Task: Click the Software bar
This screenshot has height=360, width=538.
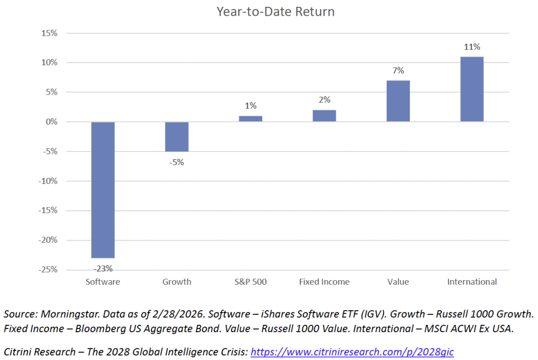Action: pyautogui.click(x=103, y=189)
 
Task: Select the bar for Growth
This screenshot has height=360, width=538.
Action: pyautogui.click(x=177, y=137)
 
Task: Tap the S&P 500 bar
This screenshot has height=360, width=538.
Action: pyautogui.click(x=251, y=119)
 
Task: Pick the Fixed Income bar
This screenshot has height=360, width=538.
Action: pyautogui.click(x=324, y=116)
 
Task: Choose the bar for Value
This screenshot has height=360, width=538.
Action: pyautogui.click(x=398, y=101)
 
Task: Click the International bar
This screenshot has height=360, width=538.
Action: pyautogui.click(x=472, y=89)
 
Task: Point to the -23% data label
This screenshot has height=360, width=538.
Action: pyautogui.click(x=103, y=268)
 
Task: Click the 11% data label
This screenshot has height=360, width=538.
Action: pyautogui.click(x=472, y=47)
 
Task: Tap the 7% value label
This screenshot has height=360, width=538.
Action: pyautogui.click(x=398, y=70)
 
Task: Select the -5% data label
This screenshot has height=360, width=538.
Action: pyautogui.click(x=177, y=162)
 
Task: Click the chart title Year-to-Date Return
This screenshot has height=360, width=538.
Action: pyautogui.click(x=268, y=11)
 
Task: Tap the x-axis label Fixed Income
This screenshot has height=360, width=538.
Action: pyautogui.click(x=324, y=282)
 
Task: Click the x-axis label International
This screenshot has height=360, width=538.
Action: pyautogui.click(x=472, y=282)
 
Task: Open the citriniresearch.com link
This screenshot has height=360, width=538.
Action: pyautogui.click(x=352, y=352)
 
